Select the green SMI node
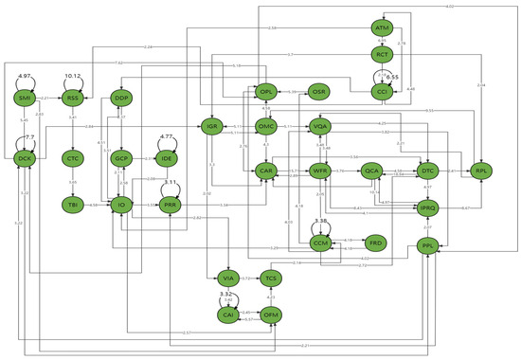[26, 99]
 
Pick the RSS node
[73, 99]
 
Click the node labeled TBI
[73, 204]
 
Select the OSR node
[320, 91]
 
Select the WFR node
[320, 171]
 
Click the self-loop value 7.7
[28, 137]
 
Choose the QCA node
[372, 171]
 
